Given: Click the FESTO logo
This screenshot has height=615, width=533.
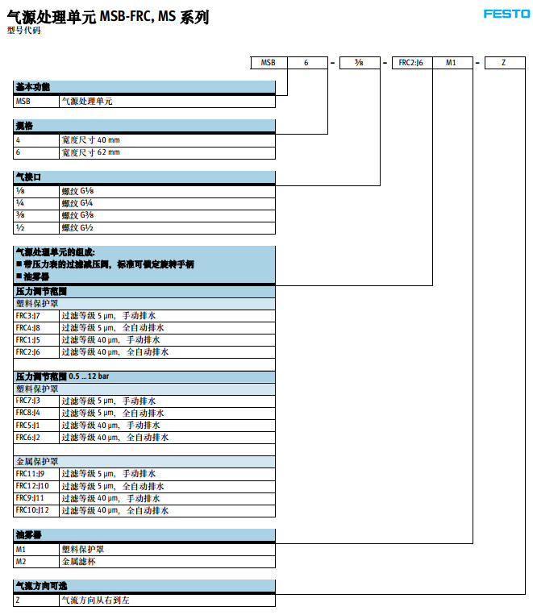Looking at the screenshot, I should click(506, 14).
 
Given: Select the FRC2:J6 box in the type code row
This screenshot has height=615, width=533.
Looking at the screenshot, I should click(411, 62).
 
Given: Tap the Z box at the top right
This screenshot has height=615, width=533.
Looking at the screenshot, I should click(504, 62).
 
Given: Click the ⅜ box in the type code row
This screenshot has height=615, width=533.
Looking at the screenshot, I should click(359, 62).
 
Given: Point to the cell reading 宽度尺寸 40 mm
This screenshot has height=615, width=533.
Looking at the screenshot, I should click(90, 139).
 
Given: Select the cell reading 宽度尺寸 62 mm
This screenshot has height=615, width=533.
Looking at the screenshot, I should click(90, 152).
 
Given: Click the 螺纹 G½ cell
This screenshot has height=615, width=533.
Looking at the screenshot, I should click(77, 227).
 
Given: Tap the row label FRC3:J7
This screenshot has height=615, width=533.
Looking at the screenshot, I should click(27, 316).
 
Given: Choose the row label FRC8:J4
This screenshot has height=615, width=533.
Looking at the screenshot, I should click(27, 413).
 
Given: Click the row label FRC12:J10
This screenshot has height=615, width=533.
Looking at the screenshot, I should click(32, 486).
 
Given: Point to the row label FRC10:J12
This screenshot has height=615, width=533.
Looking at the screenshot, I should click(32, 510).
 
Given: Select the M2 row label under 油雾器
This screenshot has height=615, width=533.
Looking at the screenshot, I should click(21, 560).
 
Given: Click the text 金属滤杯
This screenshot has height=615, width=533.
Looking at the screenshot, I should click(77, 560).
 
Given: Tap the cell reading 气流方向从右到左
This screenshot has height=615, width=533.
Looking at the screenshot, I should click(94, 600).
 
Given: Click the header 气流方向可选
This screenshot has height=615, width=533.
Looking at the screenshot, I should click(40, 584).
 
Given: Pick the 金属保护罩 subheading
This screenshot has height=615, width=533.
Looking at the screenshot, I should click(37, 462).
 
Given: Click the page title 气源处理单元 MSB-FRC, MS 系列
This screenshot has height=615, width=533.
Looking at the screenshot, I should click(108, 16).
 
